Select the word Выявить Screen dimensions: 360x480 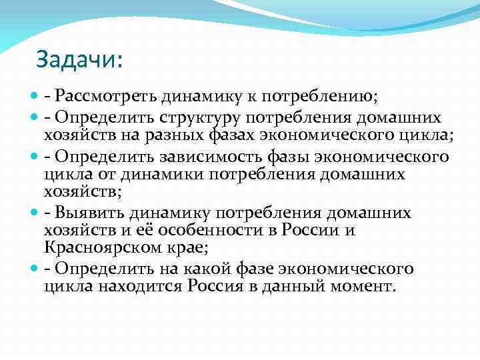pyautogui.click(x=94, y=213)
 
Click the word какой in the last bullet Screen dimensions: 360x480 pyautogui.click(x=200, y=270)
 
